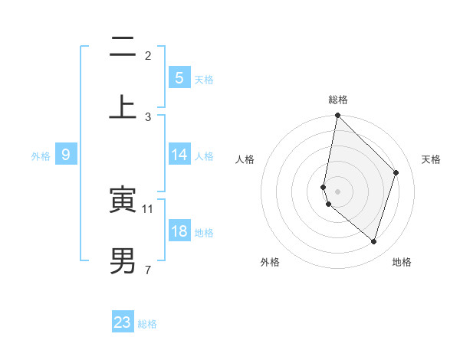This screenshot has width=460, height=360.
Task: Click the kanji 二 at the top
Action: (x=123, y=49)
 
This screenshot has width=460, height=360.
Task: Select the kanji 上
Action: (x=123, y=107)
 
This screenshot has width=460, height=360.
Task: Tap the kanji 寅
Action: (x=123, y=201)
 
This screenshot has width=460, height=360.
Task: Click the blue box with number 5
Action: (x=179, y=77)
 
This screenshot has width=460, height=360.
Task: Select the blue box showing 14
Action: (x=179, y=155)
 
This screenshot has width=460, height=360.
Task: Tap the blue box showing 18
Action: (x=179, y=231)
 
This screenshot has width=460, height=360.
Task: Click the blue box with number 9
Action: (x=66, y=155)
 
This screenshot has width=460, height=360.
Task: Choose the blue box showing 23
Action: (x=123, y=322)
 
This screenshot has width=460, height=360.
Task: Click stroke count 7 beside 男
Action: (x=147, y=270)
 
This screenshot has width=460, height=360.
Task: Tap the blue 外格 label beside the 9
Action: (x=41, y=155)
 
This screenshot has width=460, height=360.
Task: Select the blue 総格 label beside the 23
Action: (x=147, y=324)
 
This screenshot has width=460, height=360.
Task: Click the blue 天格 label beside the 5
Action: (x=204, y=79)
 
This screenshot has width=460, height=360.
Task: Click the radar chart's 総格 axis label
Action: (x=338, y=100)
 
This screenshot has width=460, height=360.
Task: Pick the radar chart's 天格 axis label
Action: (x=431, y=159)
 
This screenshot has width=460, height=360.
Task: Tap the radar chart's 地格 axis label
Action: (x=402, y=262)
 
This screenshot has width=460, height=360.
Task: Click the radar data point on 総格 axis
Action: (x=337, y=115)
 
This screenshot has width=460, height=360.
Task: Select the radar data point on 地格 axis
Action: (x=373, y=242)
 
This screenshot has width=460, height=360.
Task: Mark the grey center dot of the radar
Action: (x=337, y=191)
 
